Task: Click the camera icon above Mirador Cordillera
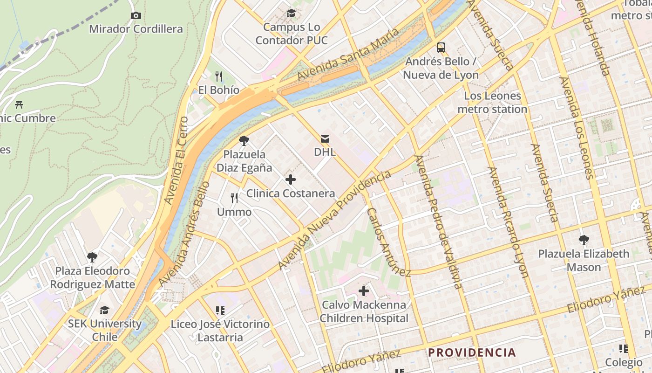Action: [x=136, y=15]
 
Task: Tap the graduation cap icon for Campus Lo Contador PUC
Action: [x=292, y=13]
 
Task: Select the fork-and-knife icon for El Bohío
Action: [x=219, y=76]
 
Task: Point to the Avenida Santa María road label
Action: [x=348, y=55]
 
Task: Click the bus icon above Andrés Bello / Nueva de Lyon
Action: [x=441, y=47]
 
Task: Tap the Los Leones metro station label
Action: [x=492, y=103]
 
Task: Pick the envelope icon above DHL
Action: [x=325, y=138]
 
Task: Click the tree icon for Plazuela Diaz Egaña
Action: [x=244, y=140]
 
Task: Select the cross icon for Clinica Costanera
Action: [x=291, y=180]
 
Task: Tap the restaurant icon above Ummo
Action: [x=234, y=198]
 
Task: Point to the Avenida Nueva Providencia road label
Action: [x=334, y=220]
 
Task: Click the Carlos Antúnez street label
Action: [x=388, y=242]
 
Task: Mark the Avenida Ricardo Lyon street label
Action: [x=508, y=222]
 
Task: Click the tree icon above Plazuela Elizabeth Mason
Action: [x=584, y=240]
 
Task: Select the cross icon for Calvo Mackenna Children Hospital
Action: [x=364, y=291]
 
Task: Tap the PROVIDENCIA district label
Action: [x=472, y=352]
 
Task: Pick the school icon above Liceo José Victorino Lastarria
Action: [x=220, y=310]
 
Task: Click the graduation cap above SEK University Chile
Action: [x=104, y=310]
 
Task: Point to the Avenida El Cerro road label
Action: [x=177, y=160]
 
